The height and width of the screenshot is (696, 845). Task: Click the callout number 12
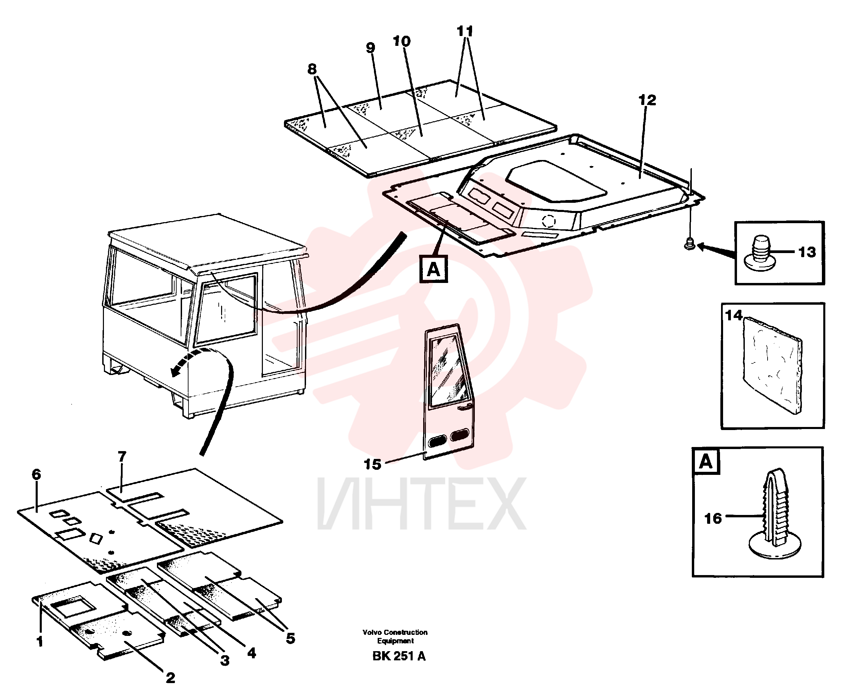647,100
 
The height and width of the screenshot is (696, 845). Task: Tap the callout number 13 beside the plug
807,252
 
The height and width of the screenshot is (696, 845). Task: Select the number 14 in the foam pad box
734,316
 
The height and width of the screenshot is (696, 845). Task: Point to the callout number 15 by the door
372,464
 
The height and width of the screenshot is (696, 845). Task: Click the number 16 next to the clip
713,518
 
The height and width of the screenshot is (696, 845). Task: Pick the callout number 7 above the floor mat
122,456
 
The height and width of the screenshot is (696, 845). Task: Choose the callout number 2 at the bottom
170,678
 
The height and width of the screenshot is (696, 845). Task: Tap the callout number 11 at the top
465,31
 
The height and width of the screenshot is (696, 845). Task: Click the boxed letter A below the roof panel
433,269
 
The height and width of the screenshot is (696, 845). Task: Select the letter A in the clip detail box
706,462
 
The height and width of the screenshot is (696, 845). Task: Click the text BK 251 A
399,656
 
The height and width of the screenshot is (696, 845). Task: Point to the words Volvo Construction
395,632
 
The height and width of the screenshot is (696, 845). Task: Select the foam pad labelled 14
772,365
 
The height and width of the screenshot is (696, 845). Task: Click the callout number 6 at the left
36,474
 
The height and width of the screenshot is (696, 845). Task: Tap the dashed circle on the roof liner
549,220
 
